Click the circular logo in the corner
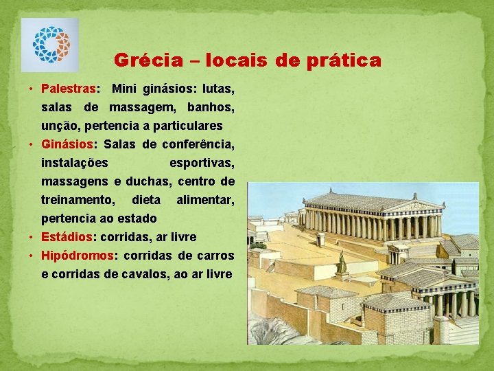[x=50, y=45]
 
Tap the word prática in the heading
[x=346, y=60]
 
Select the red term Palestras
[x=69, y=89]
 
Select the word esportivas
[x=202, y=163]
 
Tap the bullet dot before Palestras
[x=32, y=89]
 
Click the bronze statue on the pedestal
[x=341, y=262]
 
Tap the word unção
[x=59, y=126]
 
